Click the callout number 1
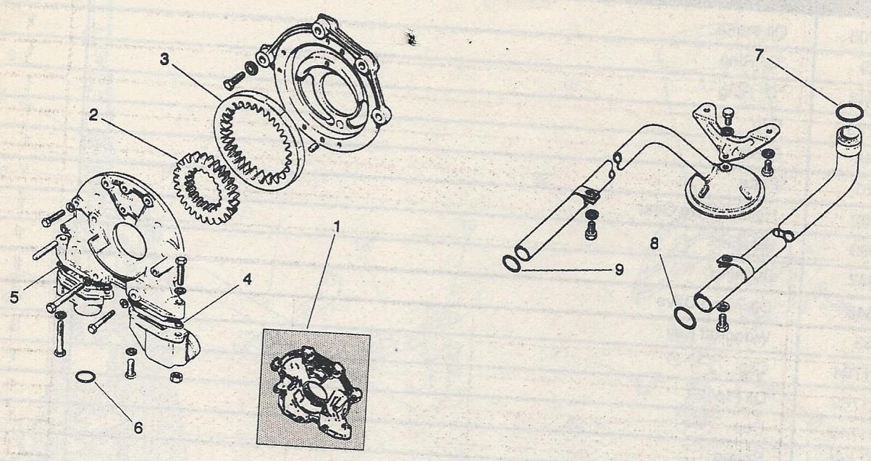pos(337,227)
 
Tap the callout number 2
pos(93,116)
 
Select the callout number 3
pos(165,60)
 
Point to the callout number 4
pos(247,279)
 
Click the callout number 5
pos(14,297)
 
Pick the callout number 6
pos(138,428)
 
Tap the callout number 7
pos(760,56)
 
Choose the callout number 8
pos(655,244)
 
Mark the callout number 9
pos(620,269)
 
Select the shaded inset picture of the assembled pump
pos(313,389)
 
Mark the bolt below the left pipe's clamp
pos(590,231)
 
